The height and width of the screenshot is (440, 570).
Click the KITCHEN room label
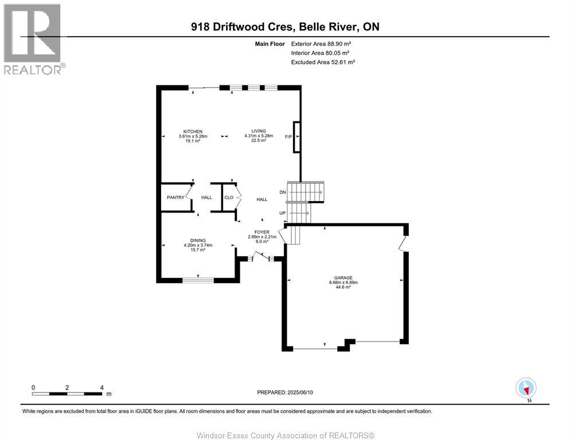point(193,131)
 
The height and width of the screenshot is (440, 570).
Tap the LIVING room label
point(258,131)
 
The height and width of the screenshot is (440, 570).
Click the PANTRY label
point(175,198)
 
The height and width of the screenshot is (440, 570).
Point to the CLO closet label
point(228,198)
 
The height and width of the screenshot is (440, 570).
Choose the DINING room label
point(198,241)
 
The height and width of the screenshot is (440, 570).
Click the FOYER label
point(262,232)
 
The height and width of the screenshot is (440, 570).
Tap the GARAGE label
point(343,277)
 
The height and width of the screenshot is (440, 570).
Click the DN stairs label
point(282,192)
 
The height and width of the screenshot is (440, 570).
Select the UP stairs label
point(282,213)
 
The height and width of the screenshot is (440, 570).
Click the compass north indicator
point(526,388)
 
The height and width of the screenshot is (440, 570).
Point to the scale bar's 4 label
point(101,387)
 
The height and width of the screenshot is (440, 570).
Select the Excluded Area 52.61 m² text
point(323,62)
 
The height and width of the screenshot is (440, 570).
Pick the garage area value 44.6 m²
point(343,287)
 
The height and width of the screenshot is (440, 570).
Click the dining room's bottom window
point(198,280)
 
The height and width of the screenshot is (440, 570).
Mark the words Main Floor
point(269,44)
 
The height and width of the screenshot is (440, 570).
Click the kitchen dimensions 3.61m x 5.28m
point(193,136)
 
